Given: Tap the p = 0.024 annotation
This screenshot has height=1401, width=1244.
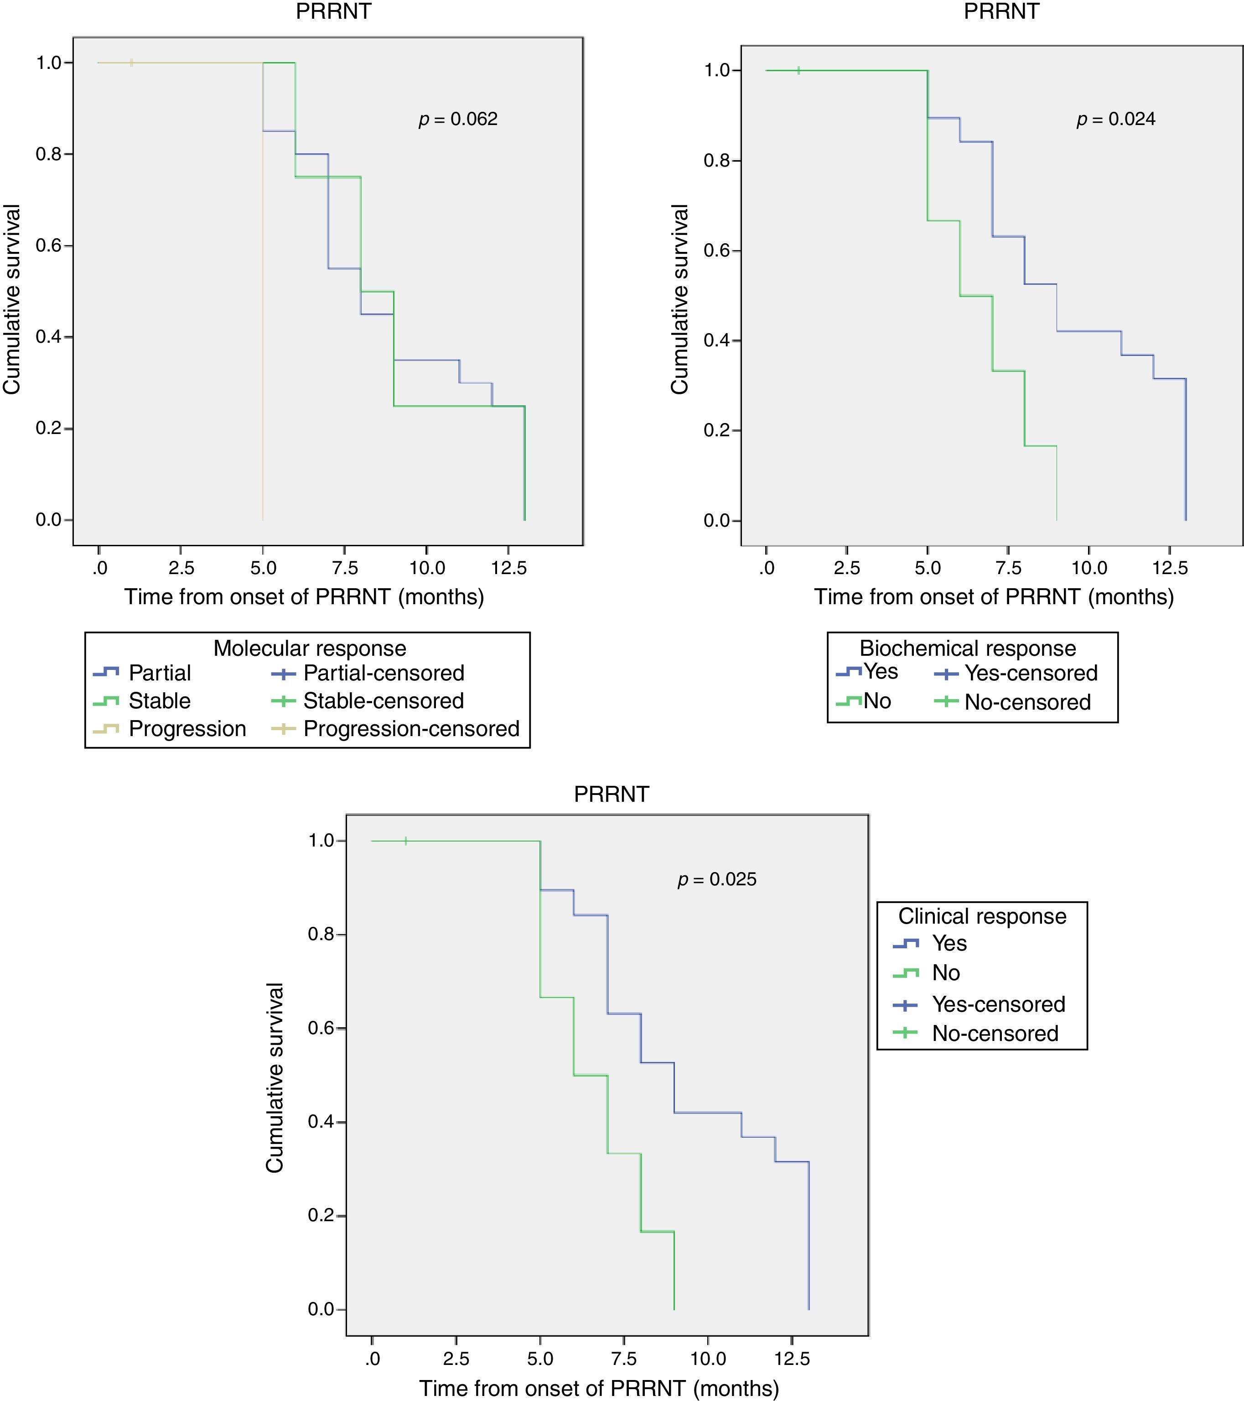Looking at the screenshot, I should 1115,119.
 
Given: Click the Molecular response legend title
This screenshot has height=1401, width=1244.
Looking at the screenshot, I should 310,648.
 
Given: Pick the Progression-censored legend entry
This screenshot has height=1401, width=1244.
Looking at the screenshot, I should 410,729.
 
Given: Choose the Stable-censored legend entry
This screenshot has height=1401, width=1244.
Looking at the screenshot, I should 383,700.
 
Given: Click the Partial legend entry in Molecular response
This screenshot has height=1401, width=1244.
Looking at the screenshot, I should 159,673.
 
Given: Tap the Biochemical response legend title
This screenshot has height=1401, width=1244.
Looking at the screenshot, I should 967,648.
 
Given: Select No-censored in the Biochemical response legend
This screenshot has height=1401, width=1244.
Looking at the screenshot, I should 1027,702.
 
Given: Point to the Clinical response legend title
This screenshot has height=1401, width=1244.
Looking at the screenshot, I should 982,916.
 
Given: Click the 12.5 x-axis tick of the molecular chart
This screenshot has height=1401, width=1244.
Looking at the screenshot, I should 508,568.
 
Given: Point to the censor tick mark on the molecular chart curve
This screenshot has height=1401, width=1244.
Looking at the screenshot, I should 131,63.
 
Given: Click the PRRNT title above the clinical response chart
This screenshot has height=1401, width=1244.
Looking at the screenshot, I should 611,794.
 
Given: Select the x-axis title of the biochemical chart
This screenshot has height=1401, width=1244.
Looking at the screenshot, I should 993,597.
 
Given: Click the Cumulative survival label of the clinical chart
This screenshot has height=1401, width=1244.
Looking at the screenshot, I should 275,1077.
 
